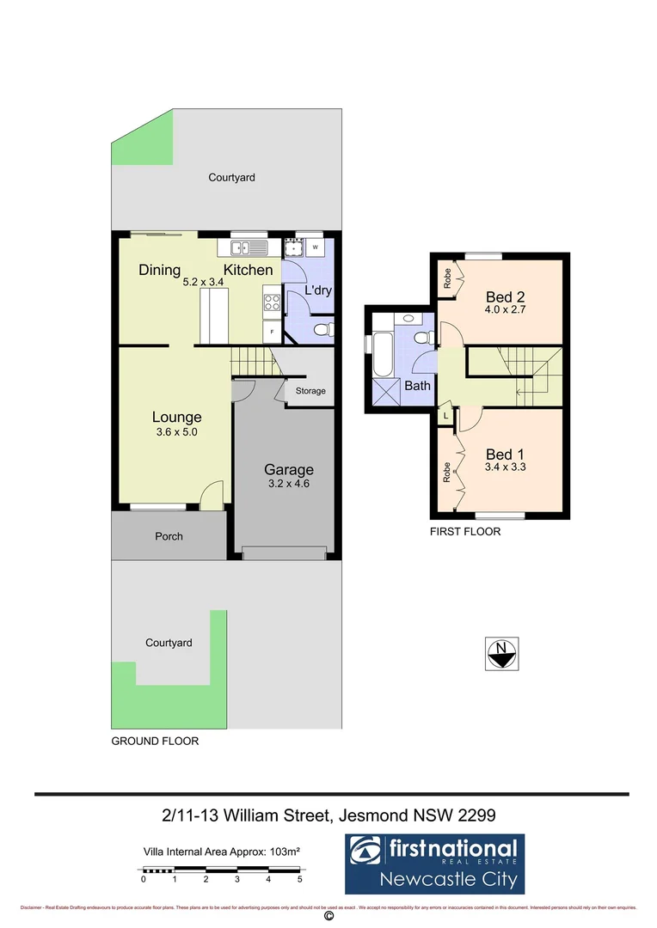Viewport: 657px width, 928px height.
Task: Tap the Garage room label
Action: pos(288,470)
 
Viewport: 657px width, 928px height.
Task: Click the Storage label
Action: pos(310,391)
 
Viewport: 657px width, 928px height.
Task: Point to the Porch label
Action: pos(169,536)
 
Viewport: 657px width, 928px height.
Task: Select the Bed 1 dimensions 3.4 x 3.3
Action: pos(505,469)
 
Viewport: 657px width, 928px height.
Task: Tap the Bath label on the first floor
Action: pos(417,386)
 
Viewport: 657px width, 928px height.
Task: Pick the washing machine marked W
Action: pos(316,247)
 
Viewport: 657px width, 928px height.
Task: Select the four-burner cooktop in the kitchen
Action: pos(272,302)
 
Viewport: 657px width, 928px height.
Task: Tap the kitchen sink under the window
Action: pos(248,248)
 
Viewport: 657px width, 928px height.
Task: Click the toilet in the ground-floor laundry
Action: pos(322,329)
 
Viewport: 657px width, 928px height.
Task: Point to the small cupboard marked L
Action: pos(445,416)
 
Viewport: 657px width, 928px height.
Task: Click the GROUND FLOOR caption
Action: pos(155,741)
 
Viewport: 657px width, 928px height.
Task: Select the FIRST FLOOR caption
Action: pos(465,532)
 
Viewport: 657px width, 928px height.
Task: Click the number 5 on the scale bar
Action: pos(299,880)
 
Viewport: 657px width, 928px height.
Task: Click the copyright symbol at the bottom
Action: pos(328,917)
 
